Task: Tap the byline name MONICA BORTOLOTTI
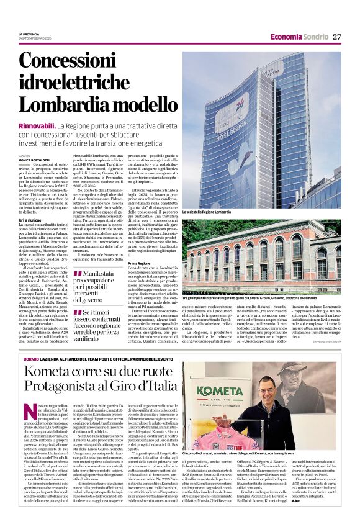click(35, 160)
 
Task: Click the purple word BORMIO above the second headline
click(31, 359)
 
